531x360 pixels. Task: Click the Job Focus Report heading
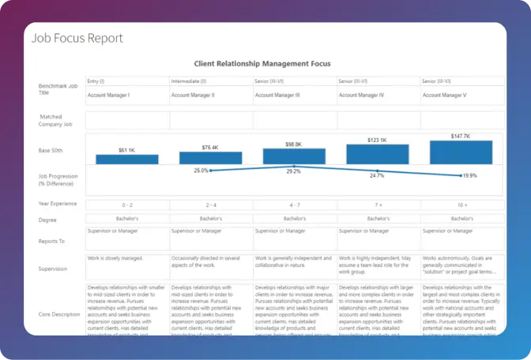pos(77,37)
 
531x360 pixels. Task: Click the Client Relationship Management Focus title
pos(262,63)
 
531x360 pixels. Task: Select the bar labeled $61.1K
pos(127,159)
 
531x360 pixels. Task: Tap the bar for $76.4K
pos(210,158)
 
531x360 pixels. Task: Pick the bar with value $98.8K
pos(294,156)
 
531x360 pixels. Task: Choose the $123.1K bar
pos(378,153)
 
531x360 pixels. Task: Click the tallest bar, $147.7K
pos(461,152)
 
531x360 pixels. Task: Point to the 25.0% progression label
pos(201,171)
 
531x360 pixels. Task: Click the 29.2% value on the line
pos(293,171)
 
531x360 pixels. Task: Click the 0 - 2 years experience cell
pos(127,204)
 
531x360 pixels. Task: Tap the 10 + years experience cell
pos(461,204)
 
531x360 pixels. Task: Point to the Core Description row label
pos(58,314)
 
